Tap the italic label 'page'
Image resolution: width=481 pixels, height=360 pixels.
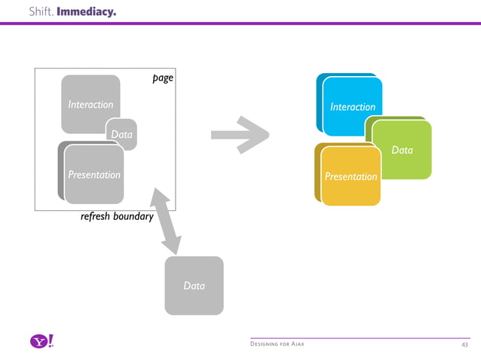tap(162, 77)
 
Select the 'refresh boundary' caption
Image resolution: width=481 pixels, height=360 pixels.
tap(117, 217)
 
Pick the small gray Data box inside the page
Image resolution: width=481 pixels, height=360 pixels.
tap(123, 134)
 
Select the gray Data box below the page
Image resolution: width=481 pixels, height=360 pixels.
tap(194, 285)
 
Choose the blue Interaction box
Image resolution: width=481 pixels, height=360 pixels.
tap(351, 102)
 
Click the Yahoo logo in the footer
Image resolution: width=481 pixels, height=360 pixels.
tap(42, 342)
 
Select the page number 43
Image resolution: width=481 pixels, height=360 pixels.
tap(465, 344)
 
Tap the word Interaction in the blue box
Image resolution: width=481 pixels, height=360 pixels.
tap(353, 107)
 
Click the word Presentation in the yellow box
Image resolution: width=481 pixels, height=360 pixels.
tap(351, 177)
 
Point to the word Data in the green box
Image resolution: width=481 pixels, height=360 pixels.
tap(402, 151)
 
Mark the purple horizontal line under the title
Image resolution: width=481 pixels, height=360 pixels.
tap(240, 23)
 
